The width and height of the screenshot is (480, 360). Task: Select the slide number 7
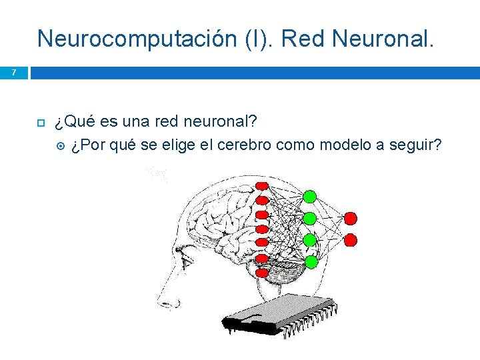pyautogui.click(x=14, y=72)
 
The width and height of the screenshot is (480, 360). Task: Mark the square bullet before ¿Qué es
pyautogui.click(x=39, y=123)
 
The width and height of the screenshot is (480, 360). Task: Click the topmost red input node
pyautogui.click(x=262, y=185)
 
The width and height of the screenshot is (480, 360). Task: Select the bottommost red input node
pyautogui.click(x=262, y=272)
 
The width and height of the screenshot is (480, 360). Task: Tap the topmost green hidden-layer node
pyautogui.click(x=310, y=196)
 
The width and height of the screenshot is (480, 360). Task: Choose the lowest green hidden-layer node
pyautogui.click(x=310, y=261)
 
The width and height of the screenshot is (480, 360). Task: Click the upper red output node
pyautogui.click(x=351, y=218)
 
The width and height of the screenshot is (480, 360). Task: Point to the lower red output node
pyautogui.click(x=351, y=239)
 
